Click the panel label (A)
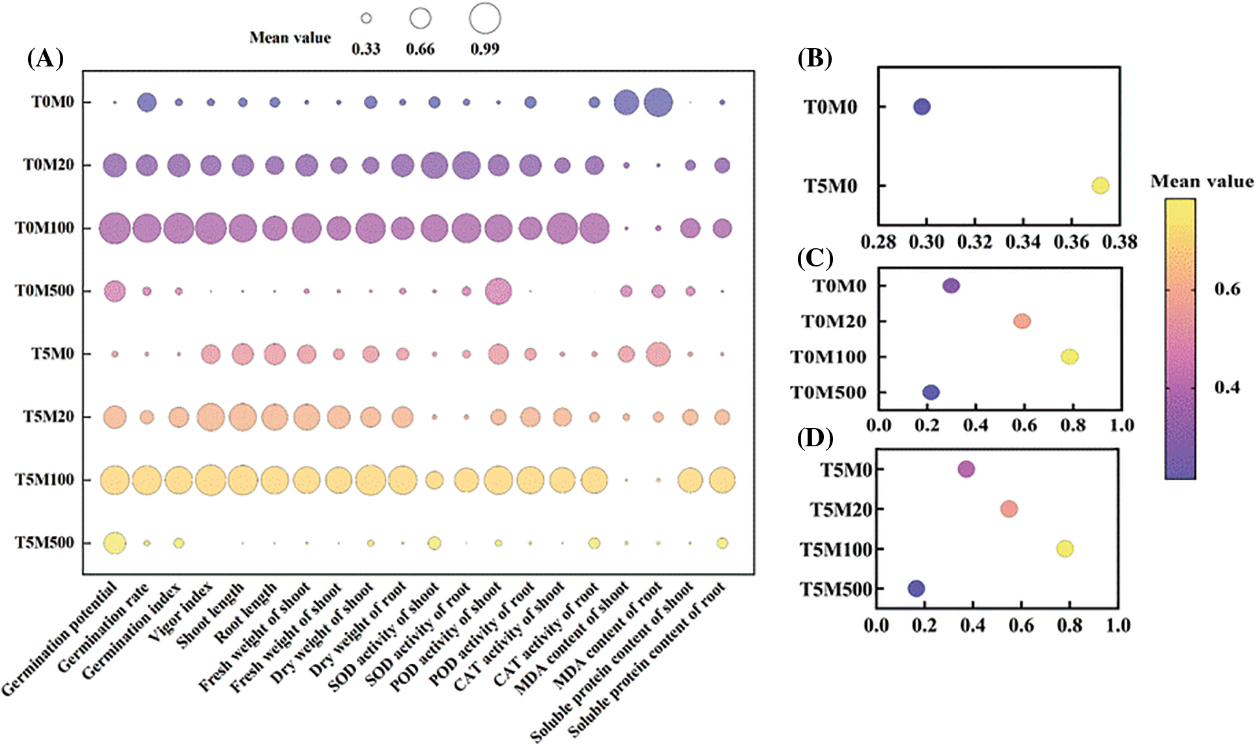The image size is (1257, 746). [45, 59]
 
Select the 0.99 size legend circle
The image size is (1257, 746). [485, 18]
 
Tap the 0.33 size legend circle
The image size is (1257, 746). [366, 18]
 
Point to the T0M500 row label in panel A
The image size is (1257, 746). [44, 291]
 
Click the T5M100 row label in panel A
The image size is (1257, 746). [44, 480]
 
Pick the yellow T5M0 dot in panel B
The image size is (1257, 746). [1100, 186]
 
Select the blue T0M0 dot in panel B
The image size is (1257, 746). [922, 107]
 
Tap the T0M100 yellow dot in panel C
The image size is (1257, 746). [1069, 356]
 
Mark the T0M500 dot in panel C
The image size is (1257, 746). [931, 392]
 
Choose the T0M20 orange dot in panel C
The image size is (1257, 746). [1022, 321]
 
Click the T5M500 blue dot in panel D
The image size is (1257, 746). [916, 588]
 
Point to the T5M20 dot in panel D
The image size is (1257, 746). [1009, 509]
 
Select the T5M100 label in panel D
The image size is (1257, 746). [836, 549]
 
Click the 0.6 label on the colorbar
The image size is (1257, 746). [1227, 289]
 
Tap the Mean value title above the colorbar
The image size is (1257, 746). [1202, 182]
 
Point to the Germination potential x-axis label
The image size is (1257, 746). [62, 638]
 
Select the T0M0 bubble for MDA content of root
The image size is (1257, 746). [658, 102]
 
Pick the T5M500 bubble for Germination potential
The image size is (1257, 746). [115, 543]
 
